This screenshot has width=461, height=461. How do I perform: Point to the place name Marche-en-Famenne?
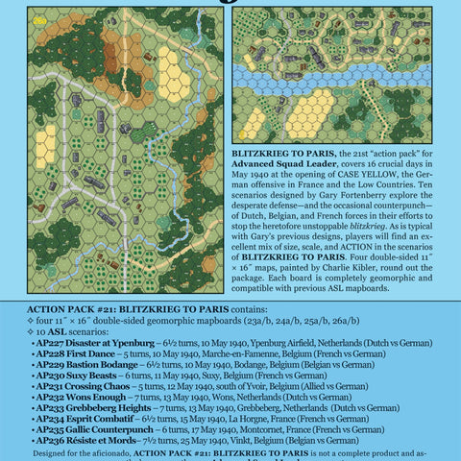click(x=248, y=353)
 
